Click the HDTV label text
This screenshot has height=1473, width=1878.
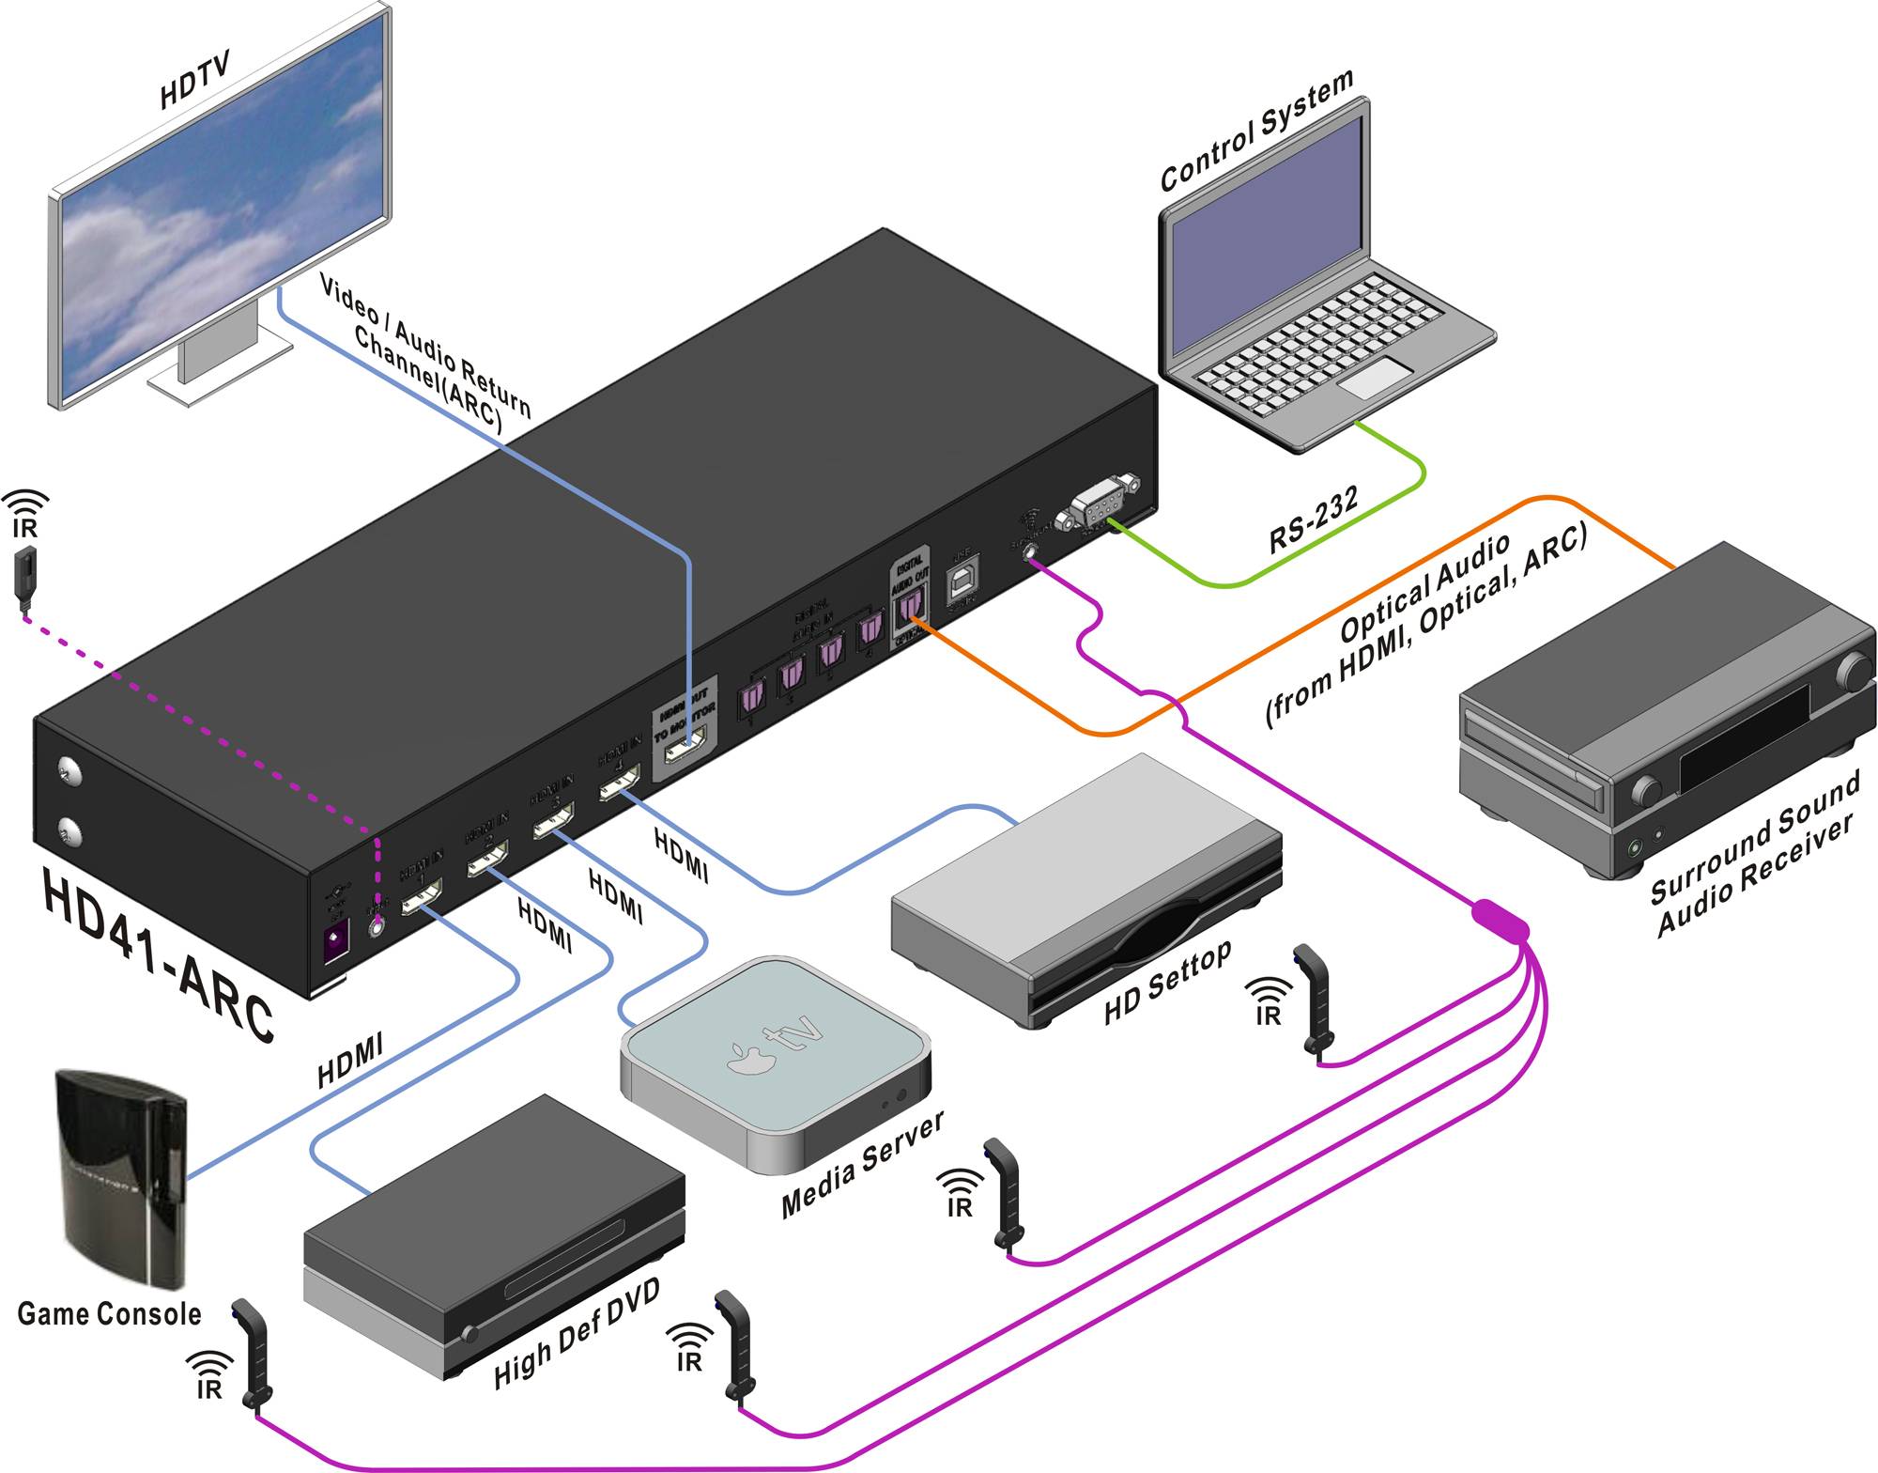pos(194,82)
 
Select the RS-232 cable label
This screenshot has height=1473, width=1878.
pos(1313,519)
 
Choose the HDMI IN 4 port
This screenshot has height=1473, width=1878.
pos(621,783)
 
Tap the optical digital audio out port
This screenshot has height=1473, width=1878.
pos(909,610)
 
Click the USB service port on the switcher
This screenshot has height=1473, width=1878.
pos(962,581)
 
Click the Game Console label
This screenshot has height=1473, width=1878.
pos(109,1313)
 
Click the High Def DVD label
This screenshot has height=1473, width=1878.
pos(577,1333)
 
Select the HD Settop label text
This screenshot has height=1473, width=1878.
pos(1167,983)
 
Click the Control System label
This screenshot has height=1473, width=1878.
pos(1256,131)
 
